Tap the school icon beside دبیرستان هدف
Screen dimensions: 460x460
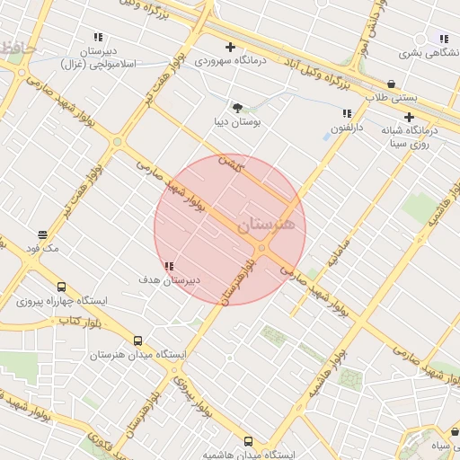(x=170, y=266)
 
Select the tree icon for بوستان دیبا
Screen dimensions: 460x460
(x=237, y=107)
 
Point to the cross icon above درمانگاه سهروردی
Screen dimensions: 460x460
(x=231, y=47)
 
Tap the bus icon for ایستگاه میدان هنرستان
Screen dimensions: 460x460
(x=137, y=341)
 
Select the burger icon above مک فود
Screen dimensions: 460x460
(x=40, y=235)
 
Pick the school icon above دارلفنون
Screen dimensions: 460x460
(x=347, y=113)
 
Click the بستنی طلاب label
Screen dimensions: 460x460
(x=385, y=97)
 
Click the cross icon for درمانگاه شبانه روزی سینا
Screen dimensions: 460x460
(x=410, y=117)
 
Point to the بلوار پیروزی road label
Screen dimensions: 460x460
(x=190, y=387)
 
